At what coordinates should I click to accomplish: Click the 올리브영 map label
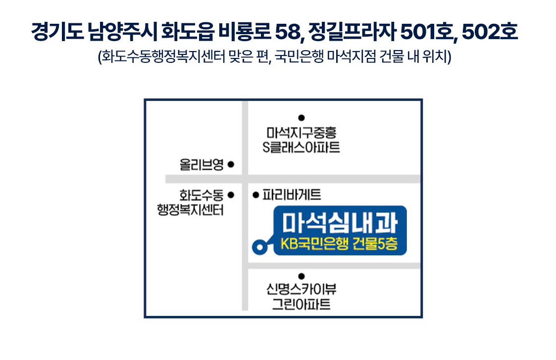click(202, 164)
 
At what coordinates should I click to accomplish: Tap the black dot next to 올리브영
click(231, 164)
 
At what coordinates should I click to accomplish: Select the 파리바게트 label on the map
click(292, 195)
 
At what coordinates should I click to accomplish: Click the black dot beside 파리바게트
click(256, 195)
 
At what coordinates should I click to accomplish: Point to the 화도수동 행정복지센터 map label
click(191, 203)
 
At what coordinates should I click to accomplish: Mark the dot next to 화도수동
click(231, 195)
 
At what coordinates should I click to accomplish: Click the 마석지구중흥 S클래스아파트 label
click(301, 140)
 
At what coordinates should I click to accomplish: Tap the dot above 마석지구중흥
click(302, 118)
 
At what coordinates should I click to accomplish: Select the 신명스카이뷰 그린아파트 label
click(302, 297)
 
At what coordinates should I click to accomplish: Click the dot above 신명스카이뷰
click(302, 276)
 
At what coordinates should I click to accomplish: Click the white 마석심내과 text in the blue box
click(340, 223)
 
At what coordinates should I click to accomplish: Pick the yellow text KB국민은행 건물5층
click(339, 244)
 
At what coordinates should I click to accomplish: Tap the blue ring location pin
click(260, 247)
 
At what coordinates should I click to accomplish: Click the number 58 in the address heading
click(288, 32)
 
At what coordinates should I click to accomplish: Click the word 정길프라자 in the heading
click(352, 32)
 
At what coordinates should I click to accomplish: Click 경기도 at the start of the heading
click(57, 32)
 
